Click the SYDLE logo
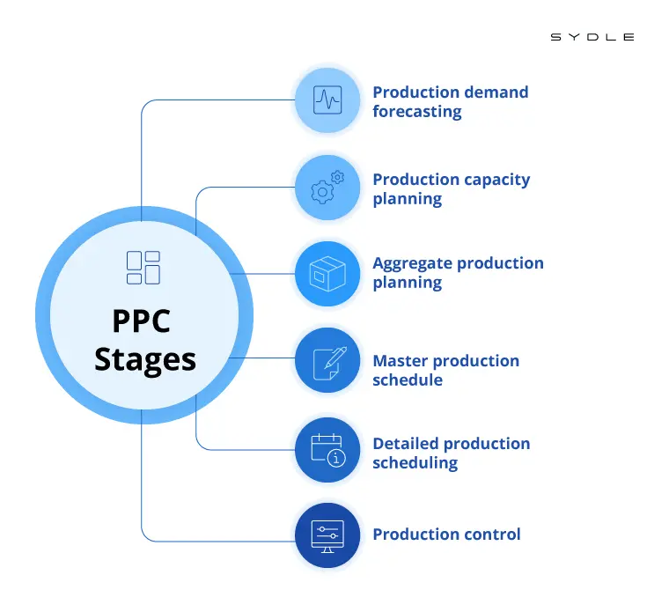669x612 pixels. tap(592, 37)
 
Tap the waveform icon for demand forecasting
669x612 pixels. tap(327, 100)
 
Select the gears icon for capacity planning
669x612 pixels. tap(327, 188)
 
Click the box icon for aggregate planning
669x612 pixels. tap(327, 274)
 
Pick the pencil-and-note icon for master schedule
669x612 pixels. tap(327, 360)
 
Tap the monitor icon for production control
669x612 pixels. tap(327, 535)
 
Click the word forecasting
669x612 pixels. tap(416, 112)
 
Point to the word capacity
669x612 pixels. tap(489, 180)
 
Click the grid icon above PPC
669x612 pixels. tap(143, 268)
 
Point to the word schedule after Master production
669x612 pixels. tap(408, 380)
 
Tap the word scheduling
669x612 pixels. tap(415, 463)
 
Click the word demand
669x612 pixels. tap(497, 92)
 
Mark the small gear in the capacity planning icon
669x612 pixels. tap(337, 177)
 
